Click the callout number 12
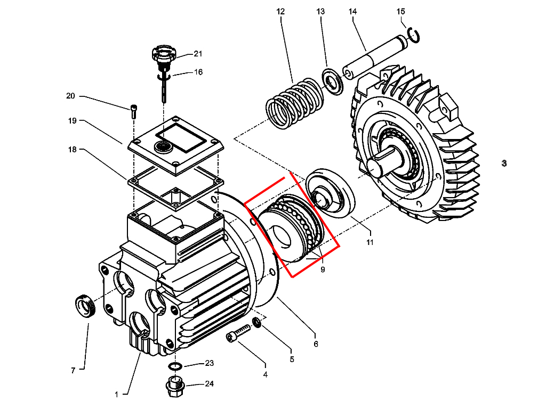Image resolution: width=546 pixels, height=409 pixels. (x=280, y=11)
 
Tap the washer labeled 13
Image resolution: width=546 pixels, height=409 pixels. (x=334, y=80)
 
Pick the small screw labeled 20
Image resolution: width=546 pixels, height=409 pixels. (x=133, y=111)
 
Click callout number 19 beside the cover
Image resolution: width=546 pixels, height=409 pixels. (x=73, y=121)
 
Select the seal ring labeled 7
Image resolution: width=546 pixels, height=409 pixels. (x=84, y=307)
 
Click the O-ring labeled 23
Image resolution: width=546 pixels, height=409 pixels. (x=174, y=366)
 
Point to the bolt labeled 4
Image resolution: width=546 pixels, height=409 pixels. (x=238, y=333)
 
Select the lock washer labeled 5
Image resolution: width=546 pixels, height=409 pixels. (x=257, y=322)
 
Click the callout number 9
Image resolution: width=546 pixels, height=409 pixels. (x=323, y=269)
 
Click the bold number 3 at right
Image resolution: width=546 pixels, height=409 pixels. (x=504, y=163)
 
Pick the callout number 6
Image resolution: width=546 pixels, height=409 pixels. (x=316, y=344)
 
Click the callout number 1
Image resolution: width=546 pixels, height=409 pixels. (x=116, y=395)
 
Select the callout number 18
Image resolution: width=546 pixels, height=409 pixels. (x=73, y=149)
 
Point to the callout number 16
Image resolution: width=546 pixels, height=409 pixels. (x=198, y=72)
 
